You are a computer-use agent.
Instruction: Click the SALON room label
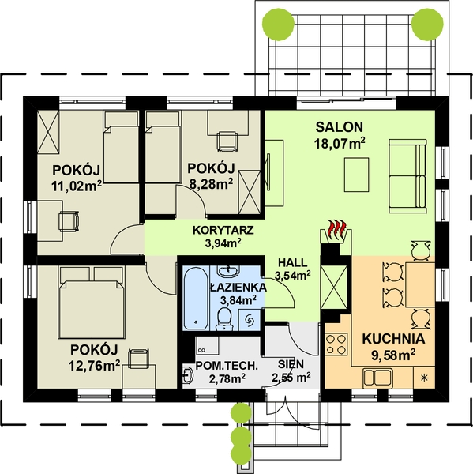340,126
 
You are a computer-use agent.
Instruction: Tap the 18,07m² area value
340,143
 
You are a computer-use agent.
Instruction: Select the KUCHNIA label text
393,339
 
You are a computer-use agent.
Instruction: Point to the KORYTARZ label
223,230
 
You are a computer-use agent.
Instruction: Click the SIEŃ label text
291,364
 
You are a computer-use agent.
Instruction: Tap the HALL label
292,262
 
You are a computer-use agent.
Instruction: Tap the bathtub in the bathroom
193,299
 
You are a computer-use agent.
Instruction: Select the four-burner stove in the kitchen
337,345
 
